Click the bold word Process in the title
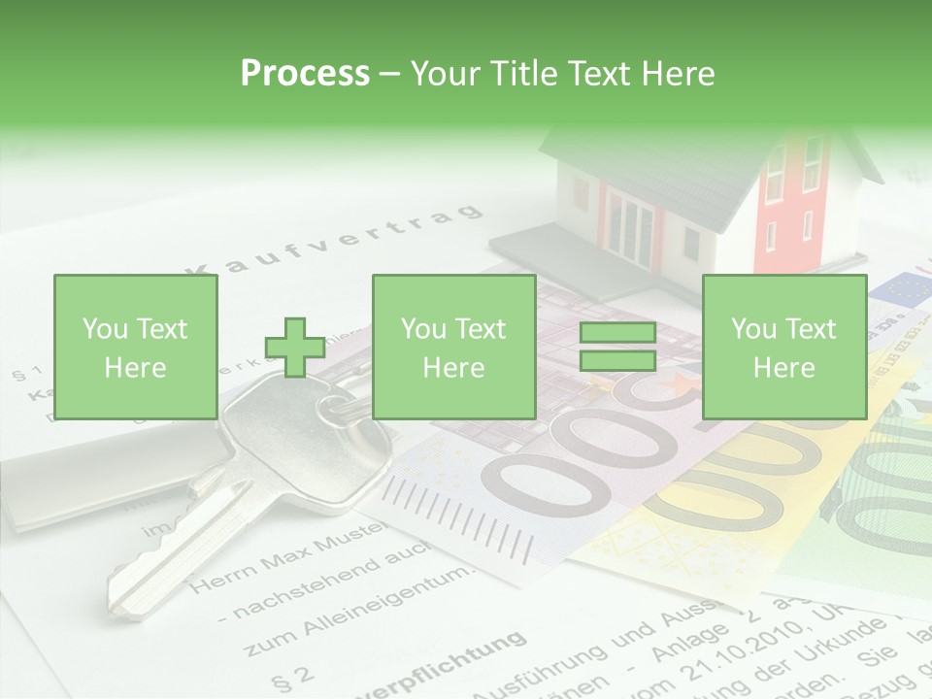305,73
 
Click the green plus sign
295,348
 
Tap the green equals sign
617,348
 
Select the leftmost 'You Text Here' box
135,348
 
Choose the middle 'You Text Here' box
453,348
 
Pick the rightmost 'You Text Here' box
783,348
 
